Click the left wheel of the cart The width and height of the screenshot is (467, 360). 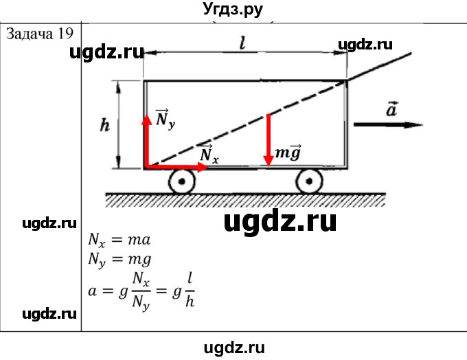tap(182, 181)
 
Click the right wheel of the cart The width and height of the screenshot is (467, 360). tap(310, 181)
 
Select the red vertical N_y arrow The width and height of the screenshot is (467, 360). tap(146, 141)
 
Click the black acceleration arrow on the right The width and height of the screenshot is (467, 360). tap(388, 124)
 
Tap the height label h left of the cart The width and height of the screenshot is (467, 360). tap(104, 125)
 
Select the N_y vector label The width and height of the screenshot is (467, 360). tap(163, 118)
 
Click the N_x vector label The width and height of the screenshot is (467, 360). tap(209, 155)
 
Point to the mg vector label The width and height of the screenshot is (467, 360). tap(287, 153)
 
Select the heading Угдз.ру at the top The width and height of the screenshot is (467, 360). tap(233, 10)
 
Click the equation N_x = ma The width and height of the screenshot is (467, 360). tap(119, 240)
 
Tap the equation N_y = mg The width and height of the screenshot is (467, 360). tap(119, 260)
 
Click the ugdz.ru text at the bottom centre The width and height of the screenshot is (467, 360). tap(233, 348)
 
